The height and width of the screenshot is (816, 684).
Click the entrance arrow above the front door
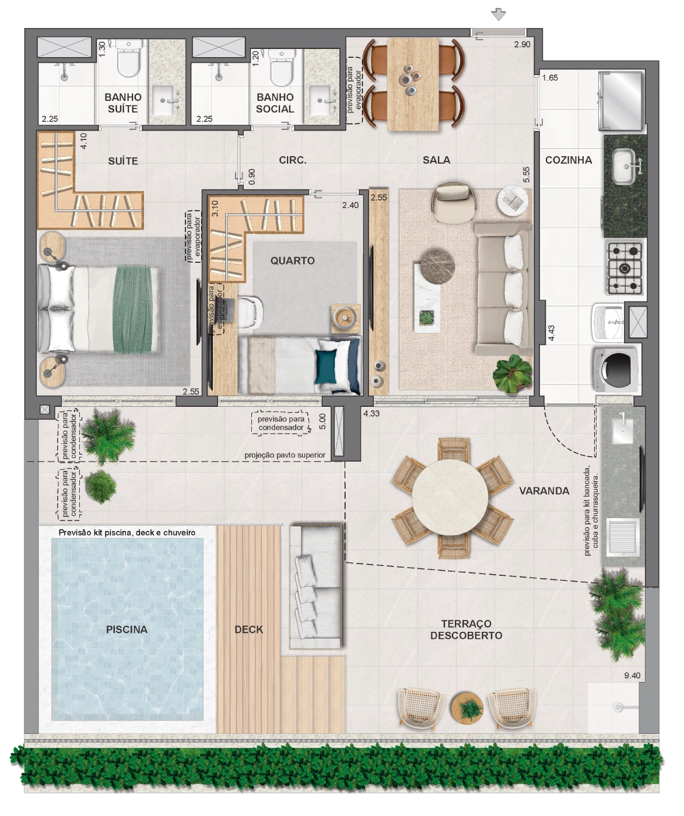(498, 15)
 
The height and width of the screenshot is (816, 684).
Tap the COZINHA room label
(568, 160)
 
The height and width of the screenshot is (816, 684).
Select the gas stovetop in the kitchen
(624, 268)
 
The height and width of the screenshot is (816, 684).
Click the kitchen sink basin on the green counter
(624, 166)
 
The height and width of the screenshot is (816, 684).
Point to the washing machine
(616, 368)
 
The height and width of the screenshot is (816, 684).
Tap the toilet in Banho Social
(281, 67)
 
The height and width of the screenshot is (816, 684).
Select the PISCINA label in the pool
(127, 629)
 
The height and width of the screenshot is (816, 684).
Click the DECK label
(249, 629)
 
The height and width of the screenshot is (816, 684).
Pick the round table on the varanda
(450, 497)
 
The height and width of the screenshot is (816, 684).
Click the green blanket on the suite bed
(133, 309)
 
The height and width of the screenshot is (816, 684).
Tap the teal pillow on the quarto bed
(326, 366)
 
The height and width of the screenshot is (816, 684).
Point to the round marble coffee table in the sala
(437, 266)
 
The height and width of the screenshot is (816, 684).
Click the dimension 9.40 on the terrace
(632, 676)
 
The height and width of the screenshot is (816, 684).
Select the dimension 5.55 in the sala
(527, 174)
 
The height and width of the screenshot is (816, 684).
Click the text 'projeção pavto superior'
(285, 455)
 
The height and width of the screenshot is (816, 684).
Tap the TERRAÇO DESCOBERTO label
(466, 629)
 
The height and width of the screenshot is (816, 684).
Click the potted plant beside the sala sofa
(513, 374)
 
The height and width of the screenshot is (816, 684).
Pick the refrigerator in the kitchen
(620, 100)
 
